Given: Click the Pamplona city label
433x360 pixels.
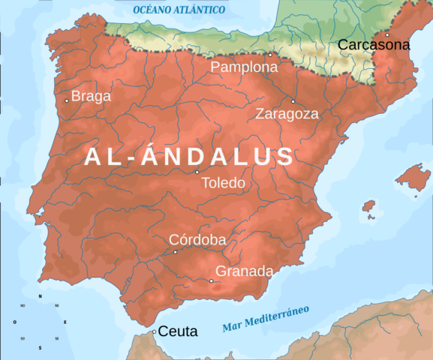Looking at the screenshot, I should pos(244,67).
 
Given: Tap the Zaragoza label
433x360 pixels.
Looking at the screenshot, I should pos(287,114).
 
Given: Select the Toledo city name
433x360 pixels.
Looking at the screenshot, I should pos(223,183).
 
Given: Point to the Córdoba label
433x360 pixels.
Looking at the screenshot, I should pos(197,239).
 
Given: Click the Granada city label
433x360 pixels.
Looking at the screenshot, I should pos(244,271).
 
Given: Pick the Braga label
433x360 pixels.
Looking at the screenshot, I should pos(91,96).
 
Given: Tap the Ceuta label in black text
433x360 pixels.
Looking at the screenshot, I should pos(178,331).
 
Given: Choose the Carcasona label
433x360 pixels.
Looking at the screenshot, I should pos(374,45).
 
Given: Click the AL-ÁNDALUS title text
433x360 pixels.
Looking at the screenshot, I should pos(189,156).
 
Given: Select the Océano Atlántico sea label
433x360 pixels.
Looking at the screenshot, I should pos(179,10).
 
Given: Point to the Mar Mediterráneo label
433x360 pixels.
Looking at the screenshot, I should pos(266,319).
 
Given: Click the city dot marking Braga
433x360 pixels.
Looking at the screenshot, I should pos(67,100).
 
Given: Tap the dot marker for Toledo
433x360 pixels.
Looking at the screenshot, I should pos(197,172).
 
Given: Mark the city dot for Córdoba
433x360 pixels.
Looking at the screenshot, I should pos(176,252).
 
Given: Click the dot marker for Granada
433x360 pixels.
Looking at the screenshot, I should pos(212,281).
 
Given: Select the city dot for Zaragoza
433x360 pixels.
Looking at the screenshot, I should pos(293,101).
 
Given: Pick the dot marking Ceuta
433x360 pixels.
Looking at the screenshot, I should pos(155,331).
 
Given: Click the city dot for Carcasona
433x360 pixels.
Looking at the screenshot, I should pos(387,34).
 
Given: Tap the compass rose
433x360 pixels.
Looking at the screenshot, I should pos(40,322).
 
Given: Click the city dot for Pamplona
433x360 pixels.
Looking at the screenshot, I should pos(270,55).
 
